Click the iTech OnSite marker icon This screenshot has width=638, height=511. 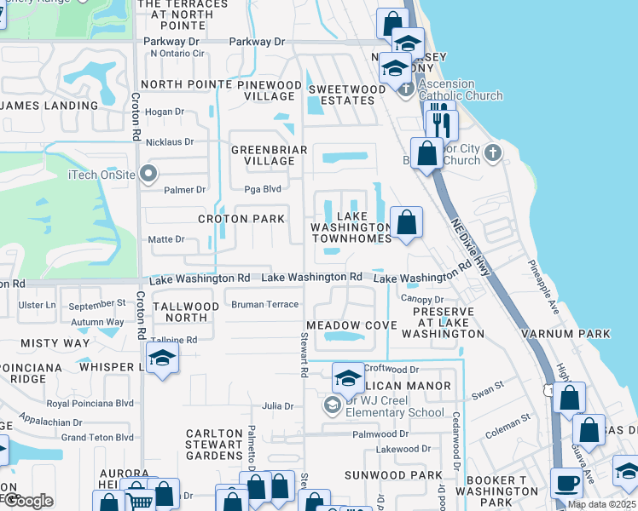click(x=148, y=175)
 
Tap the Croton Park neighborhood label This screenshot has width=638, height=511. click(x=241, y=219)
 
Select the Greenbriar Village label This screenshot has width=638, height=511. click(x=264, y=155)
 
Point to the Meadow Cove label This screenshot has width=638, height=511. click(x=351, y=325)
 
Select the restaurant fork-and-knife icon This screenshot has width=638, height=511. click(x=440, y=124)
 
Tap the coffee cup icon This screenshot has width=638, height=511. click(x=565, y=483)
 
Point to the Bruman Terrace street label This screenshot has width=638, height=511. click(x=265, y=304)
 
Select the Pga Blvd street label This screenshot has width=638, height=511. click(x=263, y=189)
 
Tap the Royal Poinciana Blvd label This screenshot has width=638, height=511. click(x=90, y=403)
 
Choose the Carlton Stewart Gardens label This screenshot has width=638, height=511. click(x=214, y=445)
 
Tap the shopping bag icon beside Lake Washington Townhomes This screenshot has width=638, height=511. click(x=409, y=222)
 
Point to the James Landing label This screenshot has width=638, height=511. click(x=50, y=106)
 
